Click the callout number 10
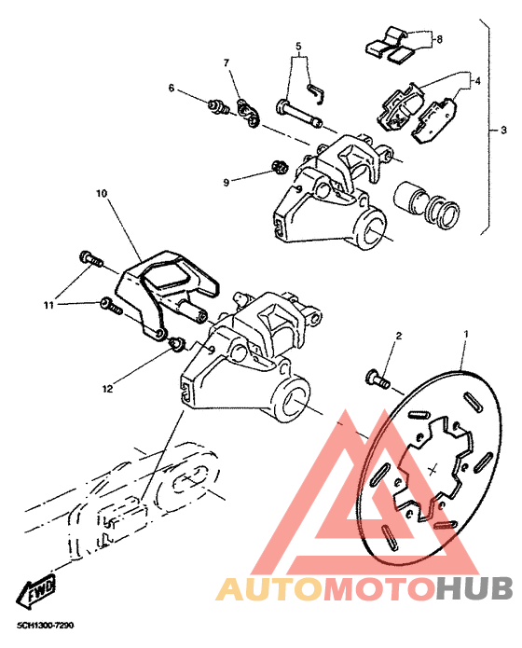click(x=102, y=193)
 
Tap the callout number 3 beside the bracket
click(x=503, y=131)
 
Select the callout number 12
click(x=107, y=389)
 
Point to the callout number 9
click(x=227, y=182)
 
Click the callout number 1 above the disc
click(x=466, y=333)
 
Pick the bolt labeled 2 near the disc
click(x=378, y=378)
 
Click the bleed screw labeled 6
click(x=219, y=107)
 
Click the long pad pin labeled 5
click(x=299, y=114)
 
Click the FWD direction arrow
click(x=35, y=590)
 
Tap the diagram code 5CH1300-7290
click(x=46, y=626)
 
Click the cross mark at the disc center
click(x=433, y=470)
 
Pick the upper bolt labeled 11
click(x=90, y=258)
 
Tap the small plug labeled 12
click(x=177, y=344)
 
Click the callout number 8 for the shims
click(x=439, y=39)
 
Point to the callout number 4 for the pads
click(x=477, y=81)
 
